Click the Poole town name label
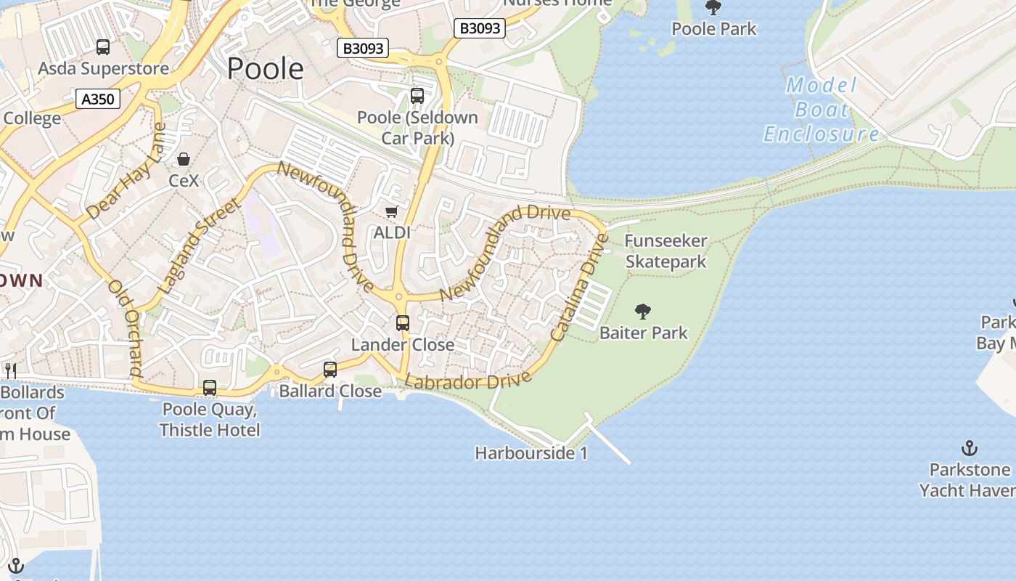(265, 69)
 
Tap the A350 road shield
(98, 99)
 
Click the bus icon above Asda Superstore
(103, 47)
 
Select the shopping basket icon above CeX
(184, 159)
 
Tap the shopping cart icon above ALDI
(392, 211)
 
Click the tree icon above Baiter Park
(642, 312)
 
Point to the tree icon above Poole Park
(713, 8)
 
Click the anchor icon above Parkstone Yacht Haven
(969, 448)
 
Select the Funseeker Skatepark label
(665, 251)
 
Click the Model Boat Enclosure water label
(822, 110)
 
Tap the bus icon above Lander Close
(403, 323)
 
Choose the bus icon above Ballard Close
(330, 370)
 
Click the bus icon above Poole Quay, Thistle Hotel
(210, 388)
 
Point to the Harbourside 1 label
(531, 453)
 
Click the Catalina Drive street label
(578, 287)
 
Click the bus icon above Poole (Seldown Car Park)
(417, 95)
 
